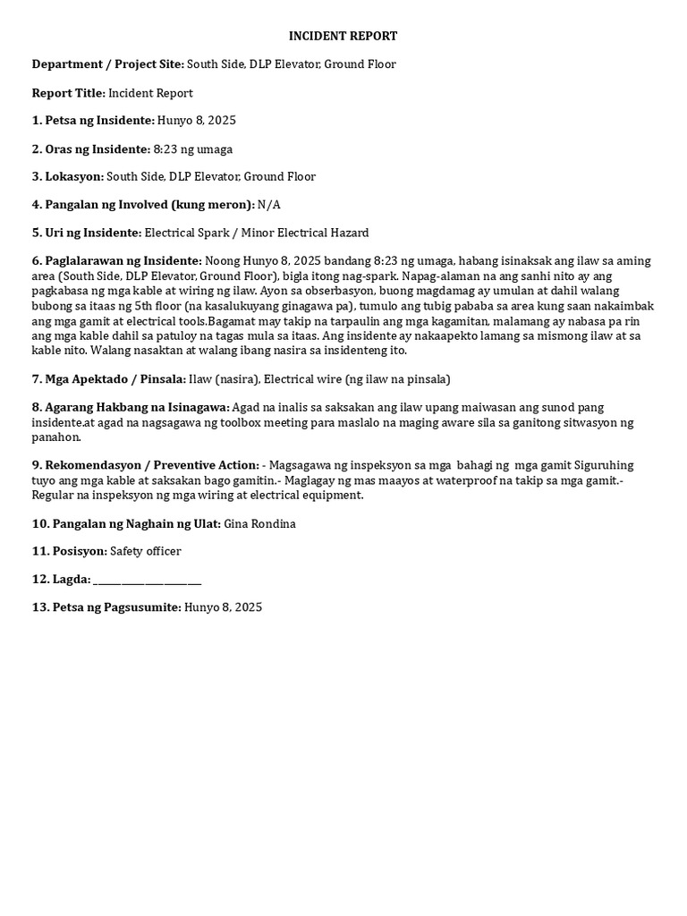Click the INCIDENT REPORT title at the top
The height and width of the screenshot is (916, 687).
pos(343,36)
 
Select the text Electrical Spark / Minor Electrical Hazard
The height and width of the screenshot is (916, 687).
pos(257,233)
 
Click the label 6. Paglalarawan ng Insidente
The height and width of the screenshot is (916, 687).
pos(117,261)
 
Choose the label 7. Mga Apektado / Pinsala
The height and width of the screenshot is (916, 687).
pos(109,379)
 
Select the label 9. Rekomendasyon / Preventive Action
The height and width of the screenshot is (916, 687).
pos(146,465)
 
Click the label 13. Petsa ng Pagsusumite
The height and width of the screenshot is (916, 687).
pos(106,607)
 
